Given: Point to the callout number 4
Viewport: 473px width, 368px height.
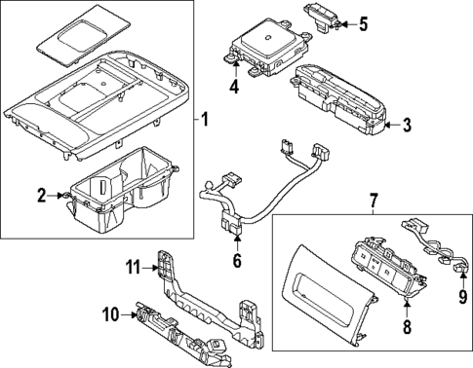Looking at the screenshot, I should click(x=233, y=86).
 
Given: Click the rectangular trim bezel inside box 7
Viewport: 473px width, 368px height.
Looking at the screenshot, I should click(x=316, y=292).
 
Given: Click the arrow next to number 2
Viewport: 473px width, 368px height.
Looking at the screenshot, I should click(x=60, y=197).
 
